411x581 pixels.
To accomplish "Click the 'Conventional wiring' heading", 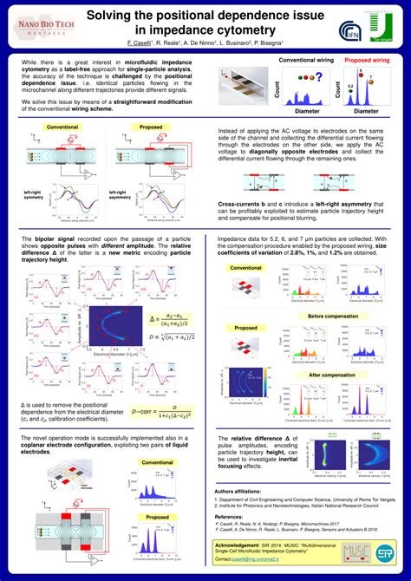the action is [303, 60].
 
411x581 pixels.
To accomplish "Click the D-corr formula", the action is [161, 411].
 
